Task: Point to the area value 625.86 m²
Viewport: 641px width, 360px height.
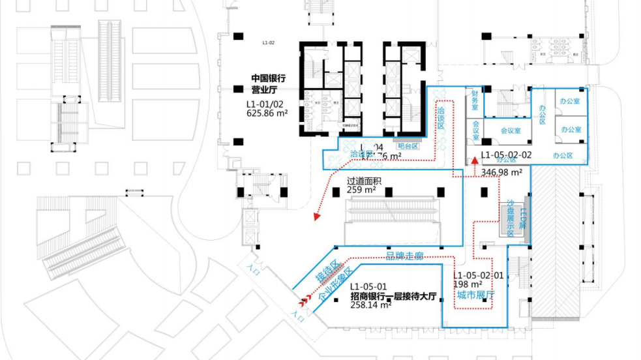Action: coord(267,112)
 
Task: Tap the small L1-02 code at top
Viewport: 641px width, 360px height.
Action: coord(269,42)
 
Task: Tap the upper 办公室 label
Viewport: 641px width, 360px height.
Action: coord(571,100)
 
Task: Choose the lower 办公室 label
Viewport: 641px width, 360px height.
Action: coord(571,129)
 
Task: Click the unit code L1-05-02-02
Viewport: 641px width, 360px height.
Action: coord(506,155)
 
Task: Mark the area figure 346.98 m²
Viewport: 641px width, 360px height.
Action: coord(501,172)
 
